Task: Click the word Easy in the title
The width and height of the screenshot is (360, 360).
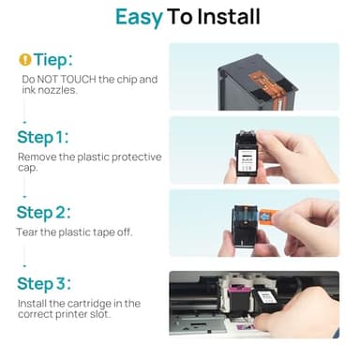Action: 138,17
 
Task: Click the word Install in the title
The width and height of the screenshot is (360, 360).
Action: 217,17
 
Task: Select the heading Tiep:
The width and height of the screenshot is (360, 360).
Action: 55,59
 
